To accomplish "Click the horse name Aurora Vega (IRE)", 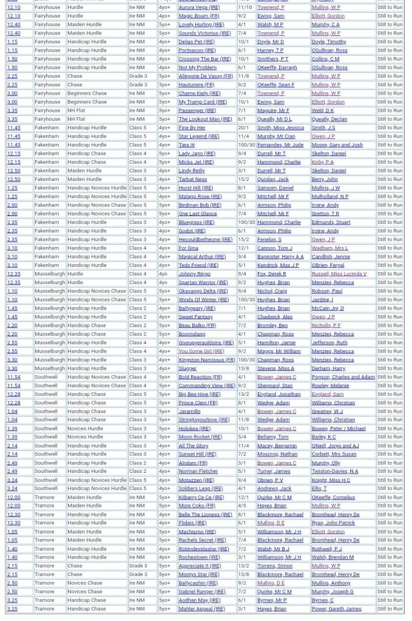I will point(199,7).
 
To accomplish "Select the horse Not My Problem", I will point(197,67).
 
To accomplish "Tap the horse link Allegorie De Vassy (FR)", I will point(206,76).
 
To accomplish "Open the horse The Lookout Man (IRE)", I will point(205,119).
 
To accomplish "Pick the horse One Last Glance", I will point(197,214).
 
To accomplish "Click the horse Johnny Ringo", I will point(194,274).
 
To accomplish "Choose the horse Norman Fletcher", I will point(198,471).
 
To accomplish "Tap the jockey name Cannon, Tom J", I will point(274,248).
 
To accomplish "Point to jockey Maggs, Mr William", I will point(279,351).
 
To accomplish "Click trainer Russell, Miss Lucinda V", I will point(339,274).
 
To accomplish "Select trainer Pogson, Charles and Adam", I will point(343,377).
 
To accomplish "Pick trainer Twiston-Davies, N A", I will point(334,471).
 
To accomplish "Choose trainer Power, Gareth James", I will point(336,609).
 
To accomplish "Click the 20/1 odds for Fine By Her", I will point(243,128).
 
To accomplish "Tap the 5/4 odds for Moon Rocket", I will point(242,437).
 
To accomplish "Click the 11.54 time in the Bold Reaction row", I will point(13,377).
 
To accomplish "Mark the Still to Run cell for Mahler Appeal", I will point(390,609).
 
